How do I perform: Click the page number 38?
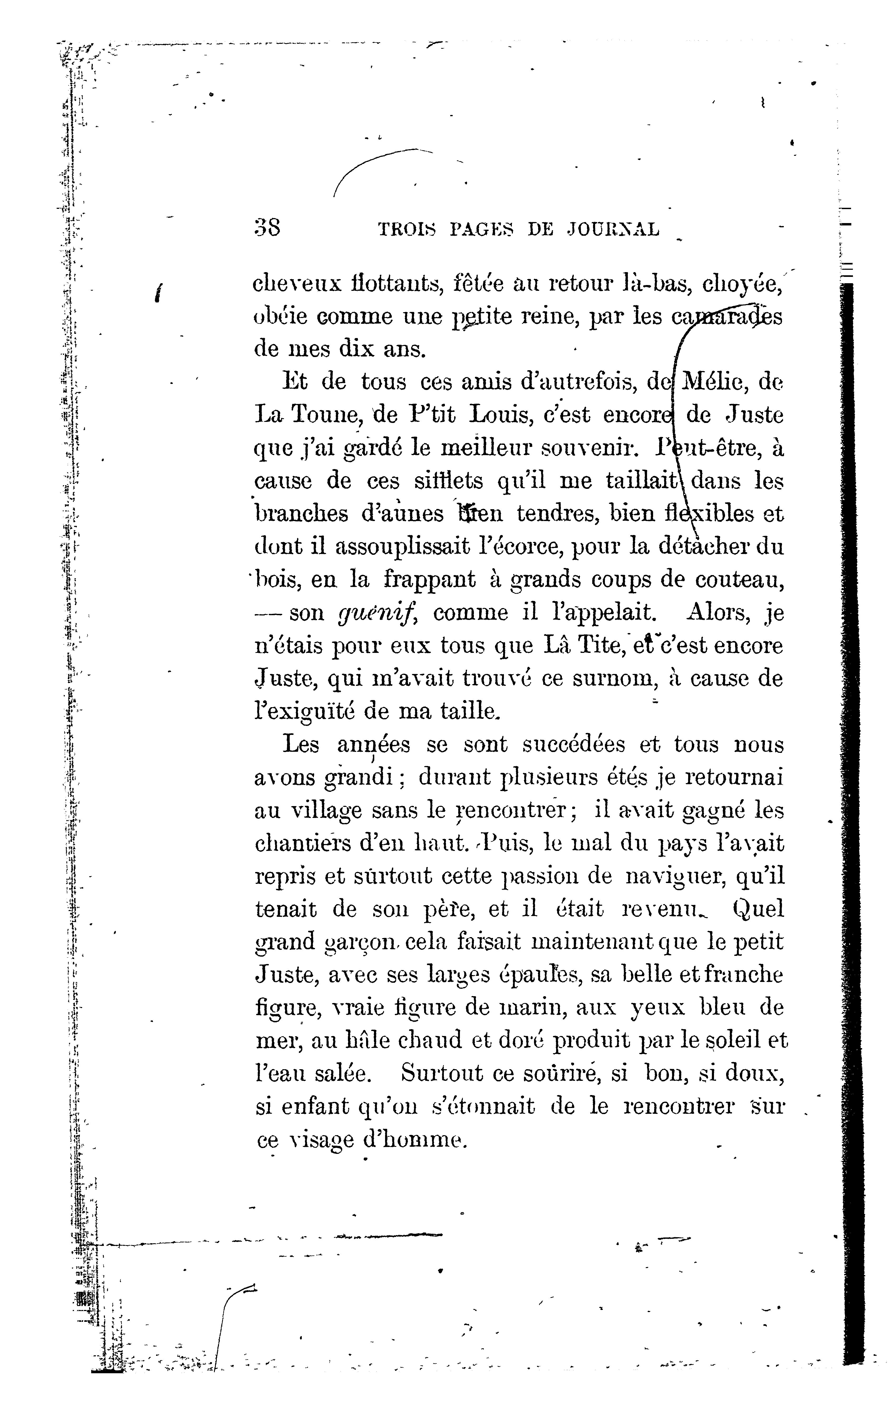click(x=268, y=227)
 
